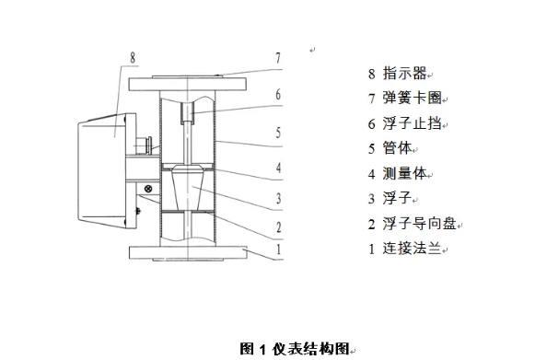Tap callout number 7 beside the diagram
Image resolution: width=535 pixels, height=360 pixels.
coord(276,57)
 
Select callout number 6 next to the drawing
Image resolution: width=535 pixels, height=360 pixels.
coord(276,94)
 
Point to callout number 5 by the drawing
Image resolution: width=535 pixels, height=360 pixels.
coord(276,132)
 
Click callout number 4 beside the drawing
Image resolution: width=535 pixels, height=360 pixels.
coord(276,168)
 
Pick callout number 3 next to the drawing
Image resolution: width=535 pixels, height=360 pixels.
coord(276,196)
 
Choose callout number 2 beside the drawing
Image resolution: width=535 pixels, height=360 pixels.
coord(276,226)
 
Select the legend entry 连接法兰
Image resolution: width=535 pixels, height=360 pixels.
coord(412,248)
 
